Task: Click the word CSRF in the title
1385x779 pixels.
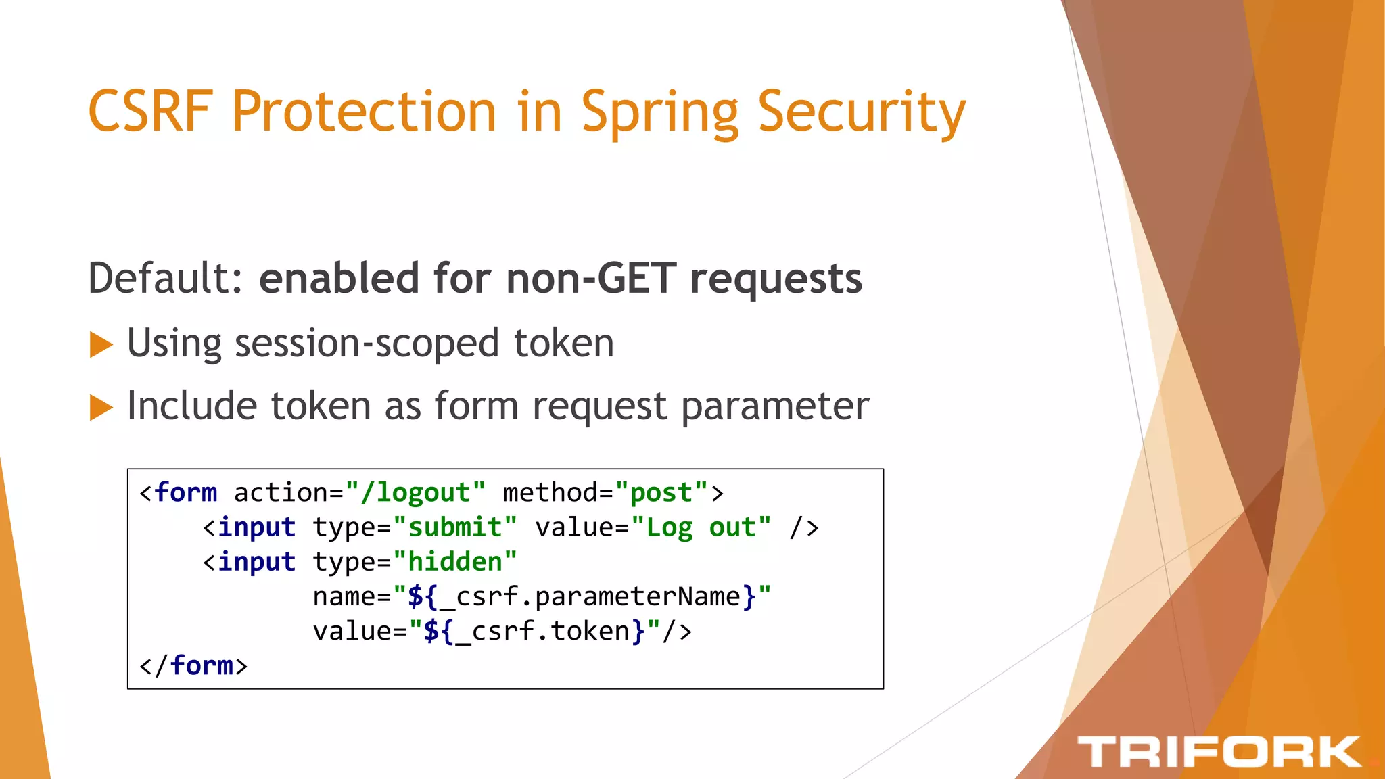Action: (x=150, y=111)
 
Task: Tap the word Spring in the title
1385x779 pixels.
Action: (x=660, y=112)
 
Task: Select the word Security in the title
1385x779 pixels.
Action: (x=862, y=112)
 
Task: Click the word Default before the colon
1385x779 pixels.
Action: (x=160, y=278)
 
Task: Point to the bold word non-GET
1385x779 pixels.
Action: (x=591, y=278)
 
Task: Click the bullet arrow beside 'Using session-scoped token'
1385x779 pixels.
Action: (x=101, y=344)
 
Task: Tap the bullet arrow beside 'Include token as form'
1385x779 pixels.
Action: (x=101, y=407)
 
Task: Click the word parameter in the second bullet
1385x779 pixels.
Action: (x=774, y=406)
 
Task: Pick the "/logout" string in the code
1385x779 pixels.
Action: (x=415, y=493)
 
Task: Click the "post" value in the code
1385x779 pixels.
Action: (x=661, y=493)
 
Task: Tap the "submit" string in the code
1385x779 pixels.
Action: (x=455, y=527)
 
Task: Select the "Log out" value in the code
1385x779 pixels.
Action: (x=701, y=527)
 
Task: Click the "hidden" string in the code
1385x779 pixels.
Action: (x=455, y=562)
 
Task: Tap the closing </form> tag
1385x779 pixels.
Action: (x=193, y=666)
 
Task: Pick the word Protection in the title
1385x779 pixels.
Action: (x=364, y=111)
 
